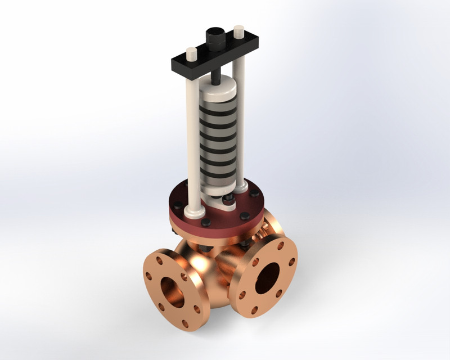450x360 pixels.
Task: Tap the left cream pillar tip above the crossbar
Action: point(191,54)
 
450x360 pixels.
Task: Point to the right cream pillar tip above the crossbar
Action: point(238,30)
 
